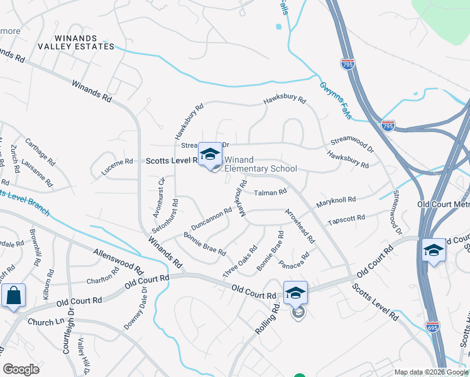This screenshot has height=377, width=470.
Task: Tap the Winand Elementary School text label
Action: point(260,165)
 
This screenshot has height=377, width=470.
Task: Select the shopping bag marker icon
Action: point(13,296)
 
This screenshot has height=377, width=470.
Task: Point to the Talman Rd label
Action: point(271,192)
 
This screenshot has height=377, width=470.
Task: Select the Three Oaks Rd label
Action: point(240,262)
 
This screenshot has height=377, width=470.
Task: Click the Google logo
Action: point(21,369)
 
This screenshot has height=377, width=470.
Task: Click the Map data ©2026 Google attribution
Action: point(430,372)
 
